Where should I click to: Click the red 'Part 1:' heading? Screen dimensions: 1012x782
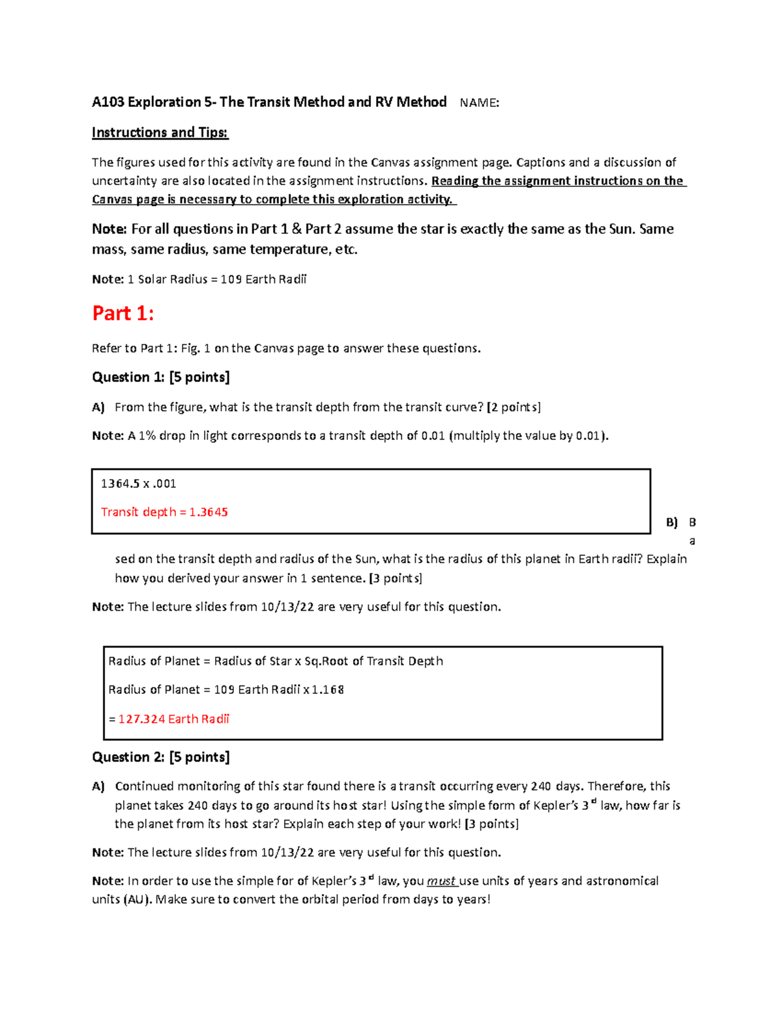pyautogui.click(x=123, y=313)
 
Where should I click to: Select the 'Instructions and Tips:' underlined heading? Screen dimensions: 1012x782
pyautogui.click(x=160, y=132)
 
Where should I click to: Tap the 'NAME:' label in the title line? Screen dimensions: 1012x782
pyautogui.click(x=480, y=102)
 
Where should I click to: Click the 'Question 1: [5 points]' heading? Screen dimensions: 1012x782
pyautogui.click(x=160, y=377)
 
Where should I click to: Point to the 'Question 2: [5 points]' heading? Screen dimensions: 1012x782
pyautogui.click(x=160, y=757)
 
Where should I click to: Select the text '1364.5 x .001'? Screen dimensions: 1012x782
pyautogui.click(x=138, y=484)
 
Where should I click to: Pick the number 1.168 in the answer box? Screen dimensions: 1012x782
pyautogui.click(x=328, y=689)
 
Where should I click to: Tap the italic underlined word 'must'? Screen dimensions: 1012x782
pyautogui.click(x=441, y=881)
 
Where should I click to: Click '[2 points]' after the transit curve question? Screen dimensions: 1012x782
pyautogui.click(x=514, y=407)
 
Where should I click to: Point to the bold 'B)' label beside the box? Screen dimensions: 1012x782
pyautogui.click(x=671, y=522)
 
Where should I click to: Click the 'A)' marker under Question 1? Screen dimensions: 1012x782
pyautogui.click(x=98, y=407)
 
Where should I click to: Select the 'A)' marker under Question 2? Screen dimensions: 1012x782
pyautogui.click(x=98, y=787)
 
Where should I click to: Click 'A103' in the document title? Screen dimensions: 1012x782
pyautogui.click(x=108, y=102)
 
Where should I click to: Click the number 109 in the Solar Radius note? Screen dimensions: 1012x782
pyautogui.click(x=231, y=280)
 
